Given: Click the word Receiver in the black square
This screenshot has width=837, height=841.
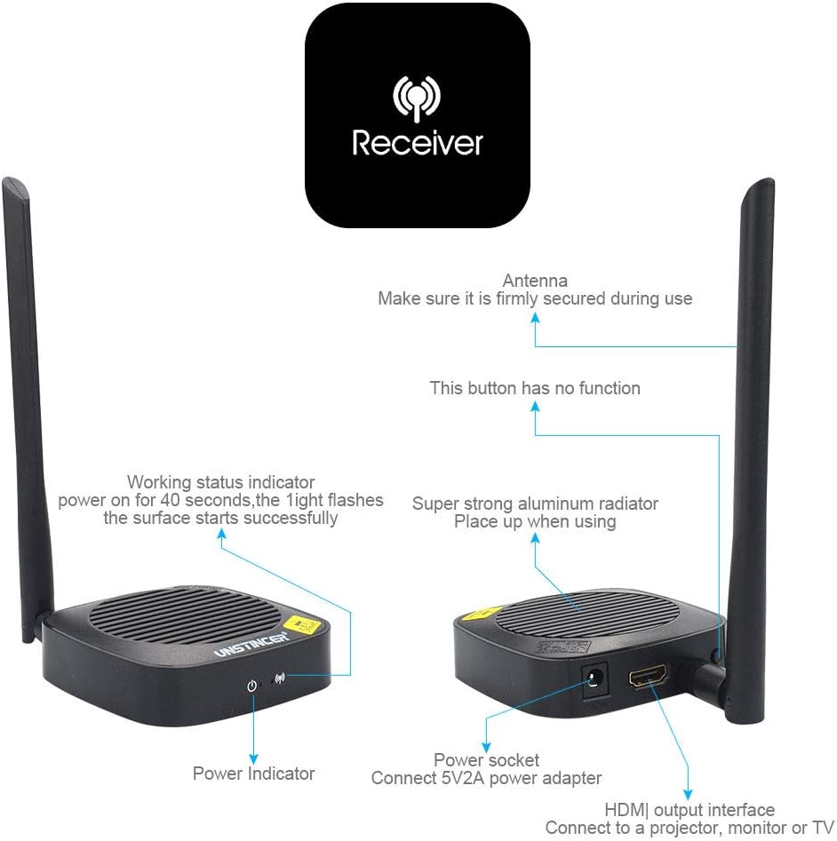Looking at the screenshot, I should pos(418,143).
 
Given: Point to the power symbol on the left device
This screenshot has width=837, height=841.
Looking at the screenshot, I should pos(252,685).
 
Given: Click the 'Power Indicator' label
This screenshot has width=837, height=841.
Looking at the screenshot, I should pos(253,774).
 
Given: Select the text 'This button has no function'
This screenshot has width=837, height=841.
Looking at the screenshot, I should pos(535,388).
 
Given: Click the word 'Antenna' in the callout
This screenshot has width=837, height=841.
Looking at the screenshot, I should pos(535,281).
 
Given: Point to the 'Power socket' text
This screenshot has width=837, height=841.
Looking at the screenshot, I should pos(486,760).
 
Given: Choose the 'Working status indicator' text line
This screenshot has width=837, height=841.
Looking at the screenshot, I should pos(220,483).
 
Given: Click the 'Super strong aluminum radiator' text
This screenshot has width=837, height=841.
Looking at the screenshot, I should pos(535,504).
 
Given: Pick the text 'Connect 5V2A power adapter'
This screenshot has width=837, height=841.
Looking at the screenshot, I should pos(486,779).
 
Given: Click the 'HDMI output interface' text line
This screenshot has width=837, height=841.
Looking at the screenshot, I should pos(690,810).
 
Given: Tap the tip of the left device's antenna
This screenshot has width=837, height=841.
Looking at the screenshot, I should pos(12,184).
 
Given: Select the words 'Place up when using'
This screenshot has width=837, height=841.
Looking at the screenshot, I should pos(535,522).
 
